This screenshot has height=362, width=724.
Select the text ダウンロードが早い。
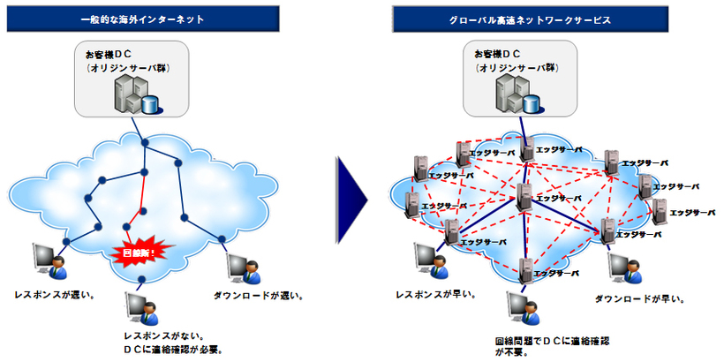[637, 299]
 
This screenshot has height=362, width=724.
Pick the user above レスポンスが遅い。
[49, 260]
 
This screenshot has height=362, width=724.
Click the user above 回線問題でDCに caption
[521, 306]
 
